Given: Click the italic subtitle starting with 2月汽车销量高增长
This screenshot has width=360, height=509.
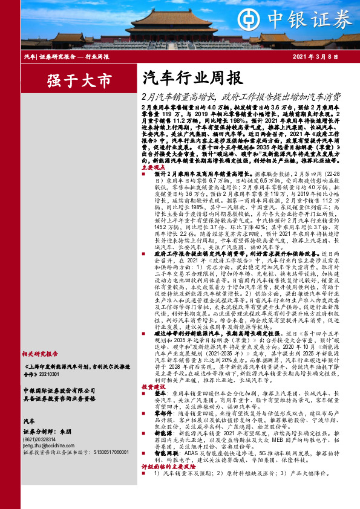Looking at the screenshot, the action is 240,96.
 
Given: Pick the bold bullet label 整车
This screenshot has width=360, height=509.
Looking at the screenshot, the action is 153,409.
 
